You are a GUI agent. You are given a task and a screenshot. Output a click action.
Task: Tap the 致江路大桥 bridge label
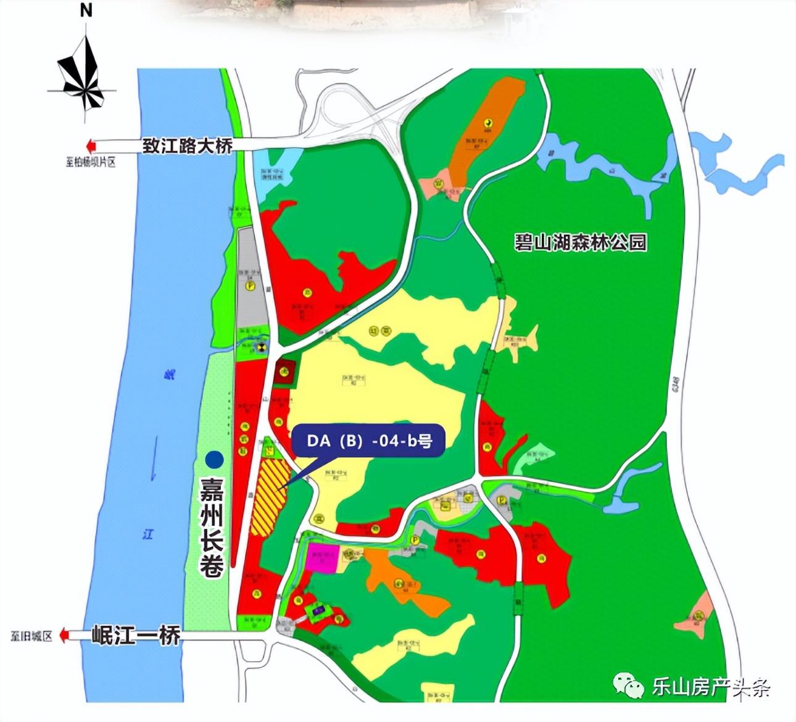tap(187, 146)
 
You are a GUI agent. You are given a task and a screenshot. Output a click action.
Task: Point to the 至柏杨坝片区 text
tap(91, 163)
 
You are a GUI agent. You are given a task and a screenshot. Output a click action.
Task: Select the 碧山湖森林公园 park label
tap(581, 242)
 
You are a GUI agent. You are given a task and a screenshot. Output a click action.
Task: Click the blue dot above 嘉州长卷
tap(214, 459)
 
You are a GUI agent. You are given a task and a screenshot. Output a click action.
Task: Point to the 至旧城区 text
tap(31, 636)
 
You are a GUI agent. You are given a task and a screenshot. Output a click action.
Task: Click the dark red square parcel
tap(284, 371)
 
